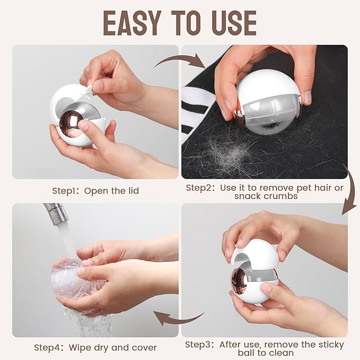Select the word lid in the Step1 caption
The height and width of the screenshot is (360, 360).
(134, 191)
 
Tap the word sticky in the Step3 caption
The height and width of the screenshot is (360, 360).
(331, 345)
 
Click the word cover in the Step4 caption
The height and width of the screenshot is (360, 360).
(144, 348)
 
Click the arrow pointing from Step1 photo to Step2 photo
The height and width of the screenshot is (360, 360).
(180, 60)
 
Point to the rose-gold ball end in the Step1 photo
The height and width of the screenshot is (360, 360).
(71, 124)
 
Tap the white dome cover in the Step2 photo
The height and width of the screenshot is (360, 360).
(267, 87)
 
